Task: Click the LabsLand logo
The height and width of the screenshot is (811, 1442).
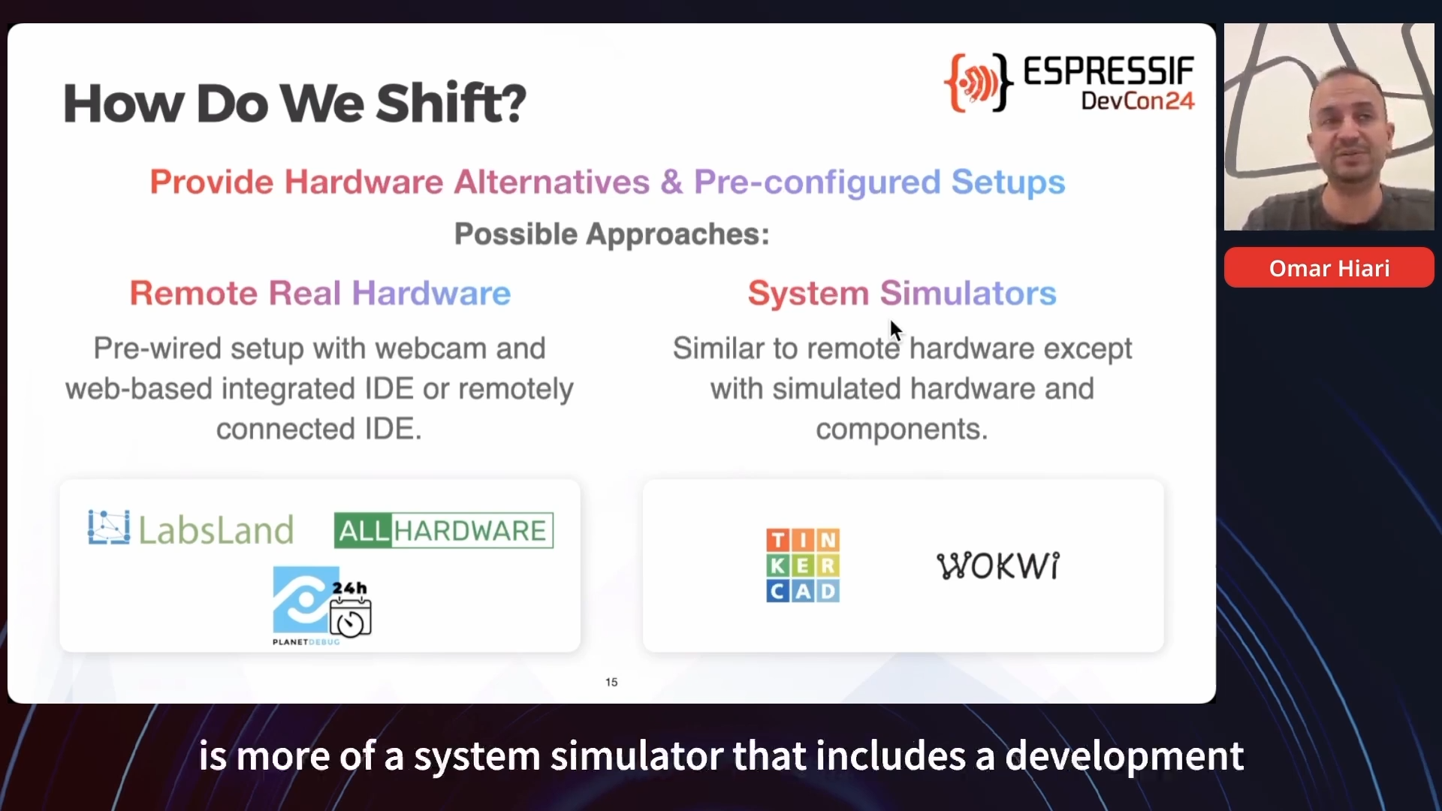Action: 191,529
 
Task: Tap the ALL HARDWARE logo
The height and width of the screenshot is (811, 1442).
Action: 444,531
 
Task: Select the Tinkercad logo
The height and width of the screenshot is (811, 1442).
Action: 803,565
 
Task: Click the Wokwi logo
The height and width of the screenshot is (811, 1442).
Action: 998,565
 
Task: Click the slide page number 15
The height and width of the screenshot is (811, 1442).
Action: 611,682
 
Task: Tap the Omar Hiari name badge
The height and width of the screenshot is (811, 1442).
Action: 1329,268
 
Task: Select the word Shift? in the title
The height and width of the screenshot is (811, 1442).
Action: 451,103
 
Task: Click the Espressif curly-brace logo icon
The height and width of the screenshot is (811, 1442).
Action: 978,83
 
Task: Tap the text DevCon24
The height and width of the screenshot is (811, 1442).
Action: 1137,101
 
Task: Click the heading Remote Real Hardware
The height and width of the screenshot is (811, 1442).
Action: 320,293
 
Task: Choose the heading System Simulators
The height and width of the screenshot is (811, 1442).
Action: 902,293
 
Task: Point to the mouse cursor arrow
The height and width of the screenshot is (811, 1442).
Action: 895,330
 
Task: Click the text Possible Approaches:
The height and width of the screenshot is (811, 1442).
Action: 612,234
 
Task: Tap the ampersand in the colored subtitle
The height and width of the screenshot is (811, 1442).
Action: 672,182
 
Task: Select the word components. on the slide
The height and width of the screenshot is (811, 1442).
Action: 902,429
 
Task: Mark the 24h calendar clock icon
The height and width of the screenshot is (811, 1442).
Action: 351,609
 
